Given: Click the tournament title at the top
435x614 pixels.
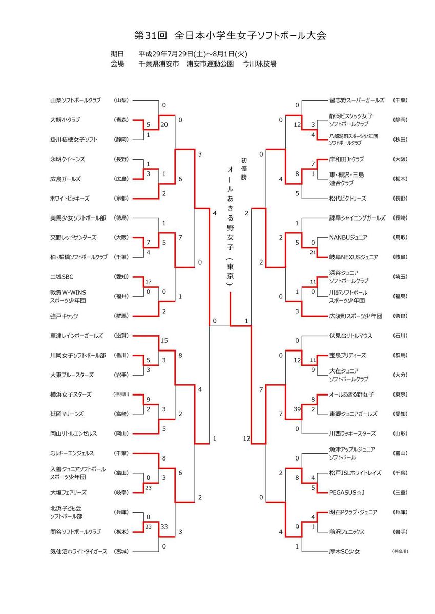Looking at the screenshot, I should click(230, 35).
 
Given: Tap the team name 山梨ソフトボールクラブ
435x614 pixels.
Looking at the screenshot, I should click(76, 100).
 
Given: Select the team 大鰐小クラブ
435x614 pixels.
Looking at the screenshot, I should click(66, 120).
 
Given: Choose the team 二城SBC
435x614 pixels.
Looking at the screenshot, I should click(62, 277).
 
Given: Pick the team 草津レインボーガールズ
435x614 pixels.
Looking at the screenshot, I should click(76, 336).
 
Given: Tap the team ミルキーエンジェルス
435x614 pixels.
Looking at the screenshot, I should click(74, 453).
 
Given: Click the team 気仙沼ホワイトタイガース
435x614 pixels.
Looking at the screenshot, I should click(78, 551).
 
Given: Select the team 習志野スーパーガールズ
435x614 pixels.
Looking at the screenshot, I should click(357, 100).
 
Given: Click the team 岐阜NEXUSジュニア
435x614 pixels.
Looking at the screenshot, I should click(354, 257).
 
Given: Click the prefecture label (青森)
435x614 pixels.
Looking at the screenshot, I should click(121, 120).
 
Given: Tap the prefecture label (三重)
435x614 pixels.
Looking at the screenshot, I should click(400, 493).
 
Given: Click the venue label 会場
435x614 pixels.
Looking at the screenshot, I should click(117, 64).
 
